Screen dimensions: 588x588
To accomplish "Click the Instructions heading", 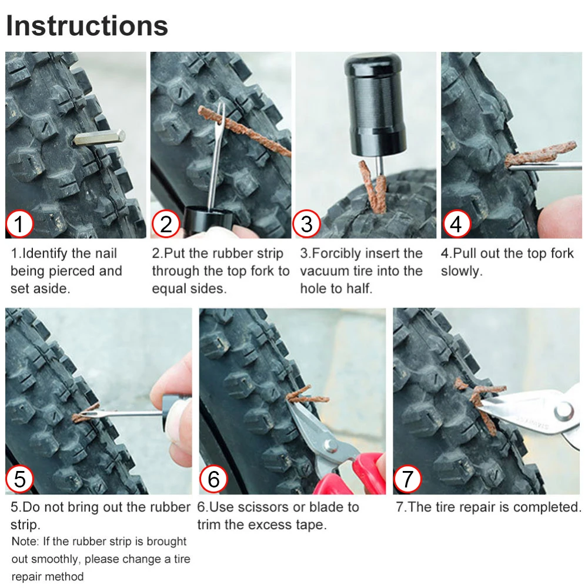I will coord(87,26).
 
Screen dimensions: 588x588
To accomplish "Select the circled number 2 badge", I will coord(166,224).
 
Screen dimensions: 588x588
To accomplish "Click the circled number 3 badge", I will coord(306,224).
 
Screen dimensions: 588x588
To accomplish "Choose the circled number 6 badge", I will coord(213,479).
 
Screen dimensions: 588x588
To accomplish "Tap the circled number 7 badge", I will coord(407,479).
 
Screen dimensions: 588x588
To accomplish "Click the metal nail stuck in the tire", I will coord(99,138).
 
